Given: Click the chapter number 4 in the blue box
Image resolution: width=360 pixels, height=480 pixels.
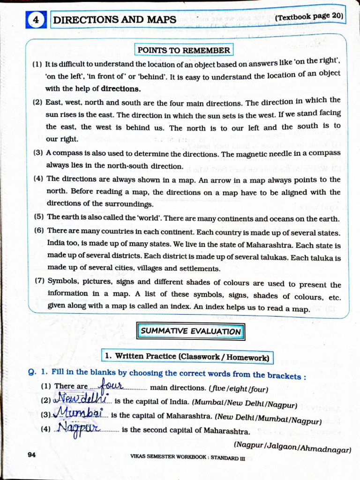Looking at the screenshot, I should coord(36,20).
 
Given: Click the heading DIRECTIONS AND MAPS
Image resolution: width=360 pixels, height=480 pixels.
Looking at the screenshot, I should coord(115,20).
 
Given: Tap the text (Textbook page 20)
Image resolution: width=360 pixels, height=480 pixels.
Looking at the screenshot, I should coord(309,17).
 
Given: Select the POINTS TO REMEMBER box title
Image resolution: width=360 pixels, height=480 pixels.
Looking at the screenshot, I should coord(184,50).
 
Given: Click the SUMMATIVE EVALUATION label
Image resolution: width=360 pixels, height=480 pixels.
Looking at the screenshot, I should coord(191,331).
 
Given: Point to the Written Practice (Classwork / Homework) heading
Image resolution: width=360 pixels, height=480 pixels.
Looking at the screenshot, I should coord(187,357).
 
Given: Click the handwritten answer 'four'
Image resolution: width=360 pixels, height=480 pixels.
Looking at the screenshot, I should coord(111,385).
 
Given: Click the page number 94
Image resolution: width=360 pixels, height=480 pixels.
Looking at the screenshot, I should coord(32,455).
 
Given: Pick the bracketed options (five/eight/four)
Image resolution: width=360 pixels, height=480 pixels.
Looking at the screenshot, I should coord(239,389).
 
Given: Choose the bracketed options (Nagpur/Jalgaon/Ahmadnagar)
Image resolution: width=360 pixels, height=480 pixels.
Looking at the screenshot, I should coord(292,447).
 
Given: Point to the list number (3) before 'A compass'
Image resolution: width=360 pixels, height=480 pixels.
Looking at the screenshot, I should coord(38,153).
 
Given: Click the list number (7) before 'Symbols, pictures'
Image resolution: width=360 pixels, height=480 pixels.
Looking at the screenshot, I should coord(39,281).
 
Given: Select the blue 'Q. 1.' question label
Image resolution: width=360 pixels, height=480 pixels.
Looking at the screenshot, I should coord(38,372).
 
